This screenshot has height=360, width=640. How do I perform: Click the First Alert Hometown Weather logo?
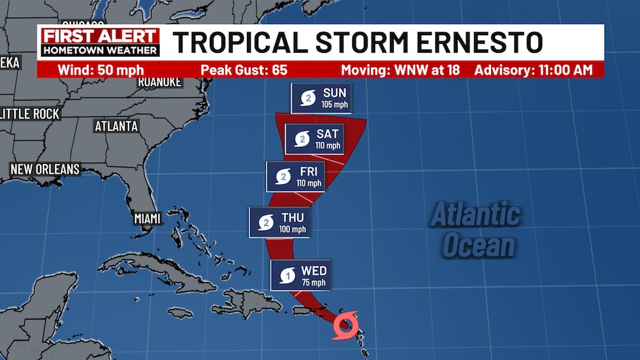tap(99, 42)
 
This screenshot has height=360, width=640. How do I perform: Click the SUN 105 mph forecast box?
tap(321, 97)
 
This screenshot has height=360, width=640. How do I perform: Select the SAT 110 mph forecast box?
tap(315, 139)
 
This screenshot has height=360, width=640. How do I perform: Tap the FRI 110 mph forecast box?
tap(295, 176)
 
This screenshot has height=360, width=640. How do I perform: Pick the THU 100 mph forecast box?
tap(279, 222)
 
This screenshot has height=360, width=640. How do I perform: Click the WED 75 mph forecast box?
tap(300, 274)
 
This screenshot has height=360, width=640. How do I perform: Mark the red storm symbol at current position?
tap(345, 324)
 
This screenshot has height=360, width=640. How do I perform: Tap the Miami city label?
tap(148, 218)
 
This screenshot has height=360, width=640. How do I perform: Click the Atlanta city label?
tap(116, 126)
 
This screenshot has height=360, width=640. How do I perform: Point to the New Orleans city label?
tap(44, 169)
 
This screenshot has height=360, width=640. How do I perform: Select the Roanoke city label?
tap(159, 82)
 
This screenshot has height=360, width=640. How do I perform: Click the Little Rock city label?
tap(29, 114)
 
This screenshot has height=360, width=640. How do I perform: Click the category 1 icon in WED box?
tap(287, 275)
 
